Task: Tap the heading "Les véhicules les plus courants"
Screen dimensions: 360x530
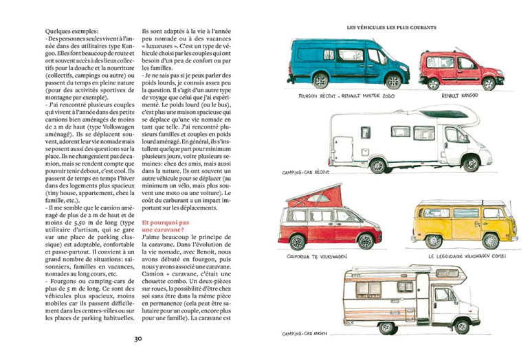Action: click(x=392, y=27)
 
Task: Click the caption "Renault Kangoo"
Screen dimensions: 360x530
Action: click(x=461, y=96)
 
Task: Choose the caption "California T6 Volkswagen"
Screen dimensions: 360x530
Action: click(x=317, y=256)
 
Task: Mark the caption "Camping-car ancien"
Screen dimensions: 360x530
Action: click(x=307, y=334)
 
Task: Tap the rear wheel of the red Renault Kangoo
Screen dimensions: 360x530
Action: click(x=434, y=84)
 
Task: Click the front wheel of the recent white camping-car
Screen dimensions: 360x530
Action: click(x=471, y=164)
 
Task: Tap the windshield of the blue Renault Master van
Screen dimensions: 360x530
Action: click(x=395, y=55)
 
